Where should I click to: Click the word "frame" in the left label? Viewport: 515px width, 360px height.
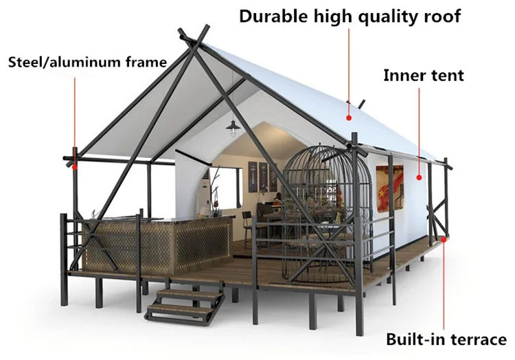145,63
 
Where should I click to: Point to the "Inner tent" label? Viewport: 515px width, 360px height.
423,76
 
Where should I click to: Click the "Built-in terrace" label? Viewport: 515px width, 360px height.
446,339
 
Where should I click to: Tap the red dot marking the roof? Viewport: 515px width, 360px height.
349,117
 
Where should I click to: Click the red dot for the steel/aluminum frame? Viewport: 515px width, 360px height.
74,165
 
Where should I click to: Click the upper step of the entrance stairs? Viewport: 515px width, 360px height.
189,292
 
